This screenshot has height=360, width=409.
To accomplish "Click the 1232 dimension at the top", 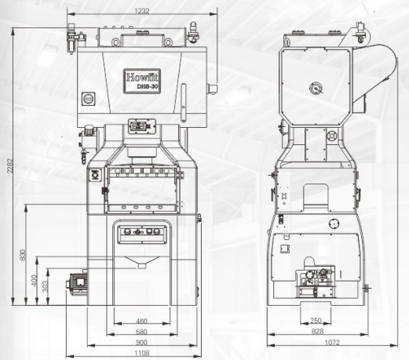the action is coord(142,11).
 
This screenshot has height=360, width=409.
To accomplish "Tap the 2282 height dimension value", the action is coord(9,165).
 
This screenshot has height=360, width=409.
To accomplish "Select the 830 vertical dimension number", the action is coord(23,255).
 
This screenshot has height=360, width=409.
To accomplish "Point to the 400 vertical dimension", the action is coord(34,280).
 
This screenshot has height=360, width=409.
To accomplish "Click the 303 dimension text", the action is coord(45,286).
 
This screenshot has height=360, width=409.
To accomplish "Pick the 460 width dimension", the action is coord(141,321).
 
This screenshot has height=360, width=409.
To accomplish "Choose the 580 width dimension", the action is coord(141,332).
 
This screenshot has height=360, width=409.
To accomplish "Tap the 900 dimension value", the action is coord(141,343).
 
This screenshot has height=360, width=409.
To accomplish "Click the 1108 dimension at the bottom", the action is coord(142,354).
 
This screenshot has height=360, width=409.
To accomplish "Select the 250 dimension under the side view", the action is coord(316,321).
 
